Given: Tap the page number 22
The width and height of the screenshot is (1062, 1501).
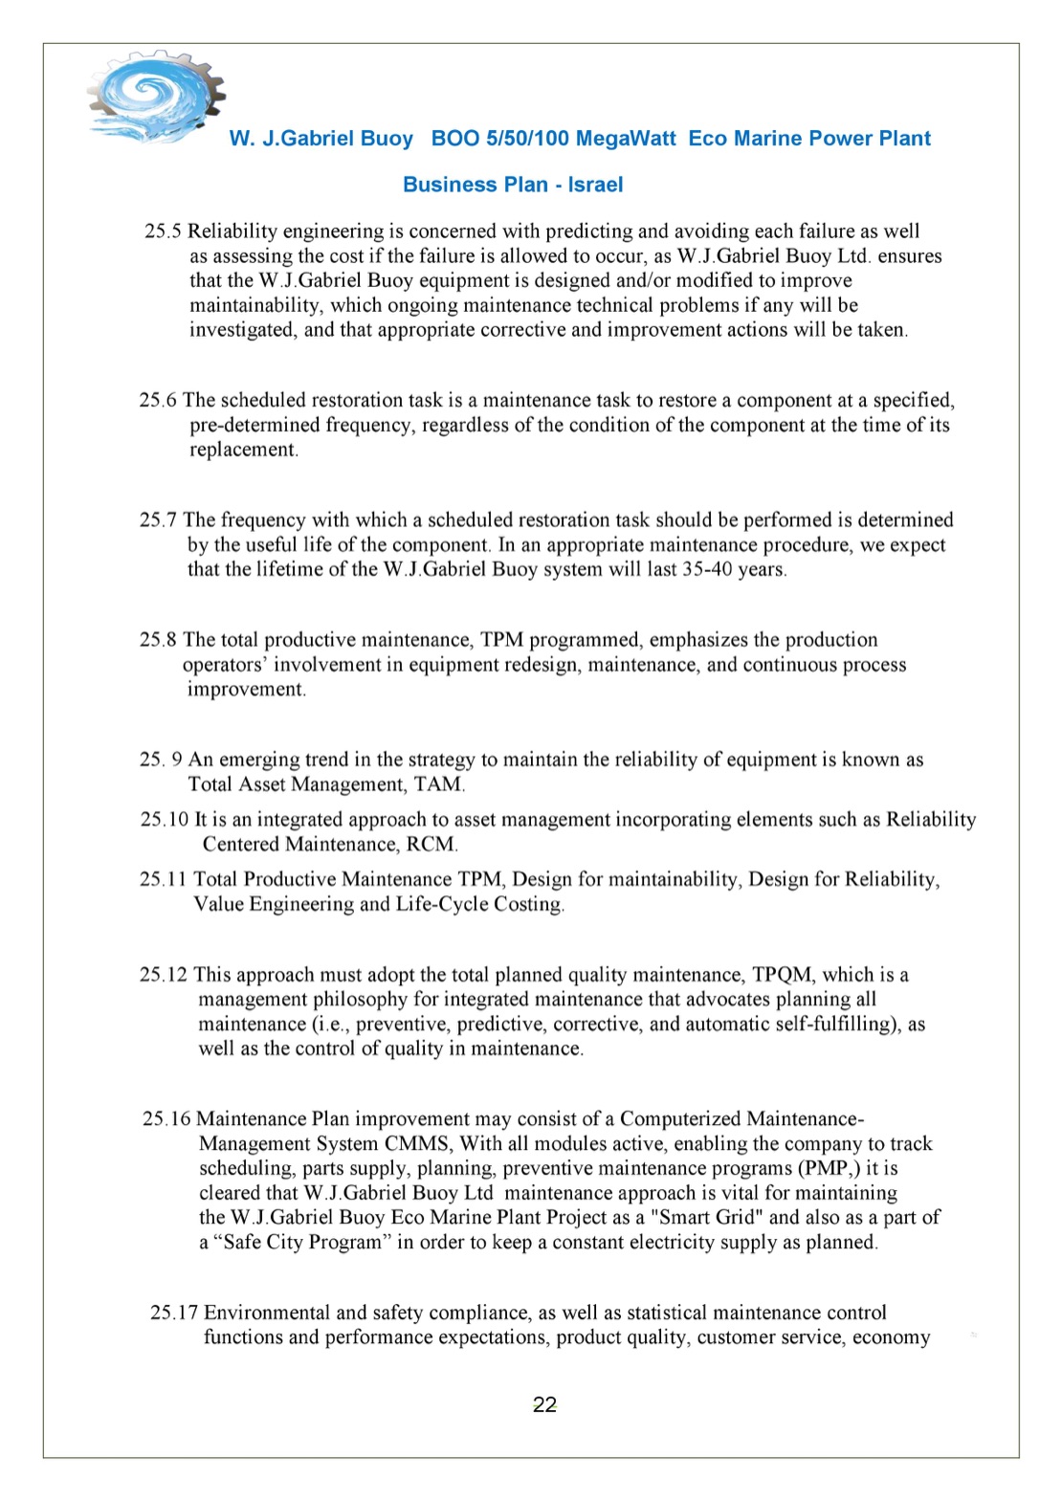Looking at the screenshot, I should pos(544,1404).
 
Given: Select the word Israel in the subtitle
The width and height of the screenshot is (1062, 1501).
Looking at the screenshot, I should pos(595,185).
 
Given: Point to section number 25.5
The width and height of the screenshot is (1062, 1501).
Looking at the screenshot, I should pos(163,232).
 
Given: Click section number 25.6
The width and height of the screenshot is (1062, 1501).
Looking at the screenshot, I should pos(158,400).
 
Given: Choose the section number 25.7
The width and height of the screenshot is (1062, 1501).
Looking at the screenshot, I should pos(158,520).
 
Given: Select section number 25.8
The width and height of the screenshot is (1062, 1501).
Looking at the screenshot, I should pos(158,640).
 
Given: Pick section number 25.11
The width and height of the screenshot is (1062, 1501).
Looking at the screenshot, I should pos(164,879).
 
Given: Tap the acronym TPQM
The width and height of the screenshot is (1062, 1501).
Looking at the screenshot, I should pos(782,975).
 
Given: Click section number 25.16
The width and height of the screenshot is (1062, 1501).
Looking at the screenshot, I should pos(166,1119).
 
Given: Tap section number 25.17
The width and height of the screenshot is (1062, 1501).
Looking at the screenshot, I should pos(173,1313).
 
